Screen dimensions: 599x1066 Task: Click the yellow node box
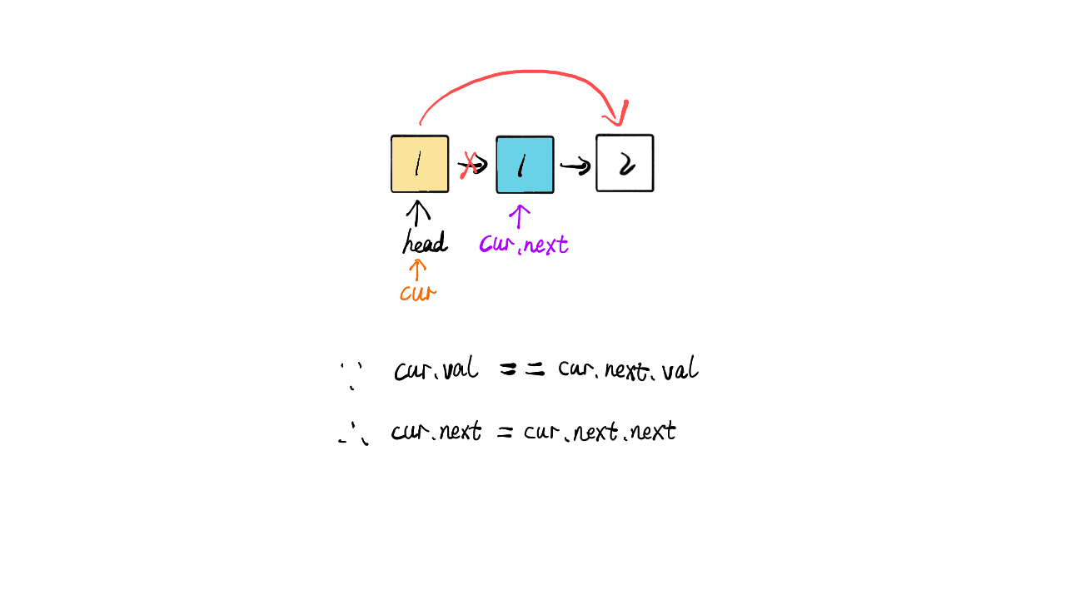pyautogui.click(x=420, y=164)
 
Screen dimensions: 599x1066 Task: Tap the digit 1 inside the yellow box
pyautogui.click(x=418, y=164)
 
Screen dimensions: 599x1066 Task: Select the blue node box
pyautogui.click(x=525, y=165)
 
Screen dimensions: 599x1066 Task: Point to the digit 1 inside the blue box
pyautogui.click(x=521, y=165)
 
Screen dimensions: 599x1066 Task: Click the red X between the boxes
pyautogui.click(x=470, y=163)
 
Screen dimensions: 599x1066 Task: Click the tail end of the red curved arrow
pyautogui.click(x=421, y=123)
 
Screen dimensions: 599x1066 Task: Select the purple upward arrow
pyautogui.click(x=520, y=216)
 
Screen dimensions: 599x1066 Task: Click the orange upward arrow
pyautogui.click(x=417, y=269)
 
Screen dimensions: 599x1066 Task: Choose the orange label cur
pyautogui.click(x=417, y=294)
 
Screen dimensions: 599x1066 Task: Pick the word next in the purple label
pyautogui.click(x=546, y=245)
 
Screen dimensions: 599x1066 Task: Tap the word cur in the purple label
pyautogui.click(x=496, y=245)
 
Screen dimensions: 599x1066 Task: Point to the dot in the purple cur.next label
pyautogui.click(x=519, y=251)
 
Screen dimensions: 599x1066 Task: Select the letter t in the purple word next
pyautogui.click(x=563, y=244)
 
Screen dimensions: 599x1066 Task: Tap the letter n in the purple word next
pyautogui.click(x=529, y=245)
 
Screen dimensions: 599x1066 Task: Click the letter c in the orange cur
pyautogui.click(x=405, y=295)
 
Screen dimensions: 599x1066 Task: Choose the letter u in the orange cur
pyautogui.click(x=417, y=295)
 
